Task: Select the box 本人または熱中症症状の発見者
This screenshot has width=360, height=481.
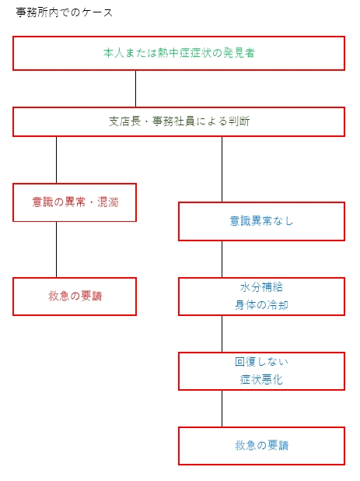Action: [x=179, y=53]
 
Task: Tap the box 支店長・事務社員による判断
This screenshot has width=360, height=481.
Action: [x=179, y=121]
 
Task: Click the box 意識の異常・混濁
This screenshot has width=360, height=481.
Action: [x=75, y=202]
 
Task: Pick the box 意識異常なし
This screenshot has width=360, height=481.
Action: [x=261, y=221]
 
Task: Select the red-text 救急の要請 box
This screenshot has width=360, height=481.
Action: [x=75, y=297]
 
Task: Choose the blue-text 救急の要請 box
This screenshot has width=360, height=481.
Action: [x=261, y=446]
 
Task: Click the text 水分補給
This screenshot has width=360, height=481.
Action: [x=261, y=287]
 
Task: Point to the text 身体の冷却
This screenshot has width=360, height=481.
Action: [x=261, y=305]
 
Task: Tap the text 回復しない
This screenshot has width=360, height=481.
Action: [x=261, y=362]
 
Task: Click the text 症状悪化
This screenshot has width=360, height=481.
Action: [x=261, y=380]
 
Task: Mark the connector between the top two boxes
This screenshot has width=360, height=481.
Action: [x=136, y=89]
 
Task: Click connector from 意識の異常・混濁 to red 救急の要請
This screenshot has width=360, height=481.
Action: [x=56, y=249]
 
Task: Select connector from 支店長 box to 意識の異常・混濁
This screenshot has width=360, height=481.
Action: [x=56, y=160]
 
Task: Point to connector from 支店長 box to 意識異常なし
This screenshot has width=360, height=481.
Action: [x=222, y=169]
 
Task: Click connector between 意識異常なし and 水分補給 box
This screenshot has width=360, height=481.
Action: [x=222, y=258]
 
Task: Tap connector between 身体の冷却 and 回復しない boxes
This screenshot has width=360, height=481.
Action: [x=222, y=333]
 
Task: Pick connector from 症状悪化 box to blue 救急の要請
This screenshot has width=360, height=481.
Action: [x=222, y=408]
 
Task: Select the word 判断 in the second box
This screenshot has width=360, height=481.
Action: [x=239, y=121]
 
